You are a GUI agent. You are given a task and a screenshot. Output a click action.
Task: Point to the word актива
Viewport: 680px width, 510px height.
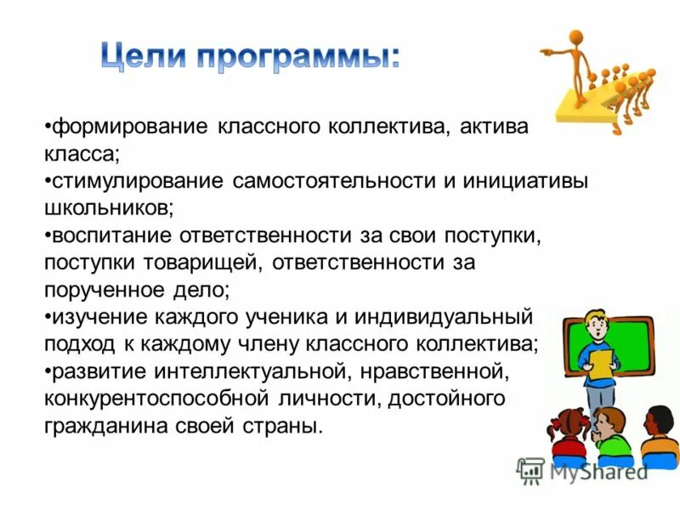pos(493,127)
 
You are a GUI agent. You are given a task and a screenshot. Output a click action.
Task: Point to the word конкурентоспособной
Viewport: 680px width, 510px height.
pos(157,398)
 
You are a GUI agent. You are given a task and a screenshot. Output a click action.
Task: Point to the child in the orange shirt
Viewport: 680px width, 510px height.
pos(660,433)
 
